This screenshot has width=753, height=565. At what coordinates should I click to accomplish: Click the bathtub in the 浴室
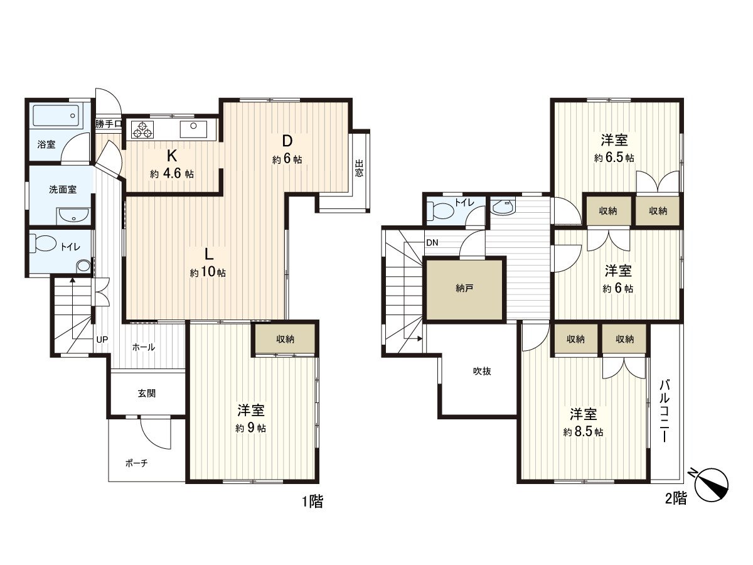click(x=56, y=117)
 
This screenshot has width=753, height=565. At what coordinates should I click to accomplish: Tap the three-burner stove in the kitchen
click(x=142, y=130)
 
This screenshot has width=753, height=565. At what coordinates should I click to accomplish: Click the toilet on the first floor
click(x=45, y=244)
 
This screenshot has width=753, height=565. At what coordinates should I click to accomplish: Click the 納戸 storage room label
click(x=464, y=289)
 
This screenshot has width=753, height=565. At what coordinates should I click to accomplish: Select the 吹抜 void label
click(x=482, y=371)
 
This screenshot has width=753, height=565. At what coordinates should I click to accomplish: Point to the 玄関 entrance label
click(x=147, y=394)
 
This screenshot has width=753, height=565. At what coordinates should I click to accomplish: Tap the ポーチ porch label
click(x=136, y=463)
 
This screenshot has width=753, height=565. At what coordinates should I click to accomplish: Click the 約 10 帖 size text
click(x=208, y=273)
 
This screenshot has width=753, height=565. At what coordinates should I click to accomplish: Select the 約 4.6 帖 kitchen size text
click(x=171, y=174)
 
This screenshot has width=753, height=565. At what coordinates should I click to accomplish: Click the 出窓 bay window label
click(x=359, y=169)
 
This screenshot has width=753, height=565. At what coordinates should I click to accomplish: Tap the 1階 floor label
click(x=312, y=502)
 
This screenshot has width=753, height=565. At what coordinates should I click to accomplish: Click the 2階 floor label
click(x=675, y=499)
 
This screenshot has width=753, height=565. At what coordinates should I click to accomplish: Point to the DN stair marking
click(x=432, y=243)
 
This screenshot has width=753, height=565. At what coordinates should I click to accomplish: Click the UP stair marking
click(x=102, y=340)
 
